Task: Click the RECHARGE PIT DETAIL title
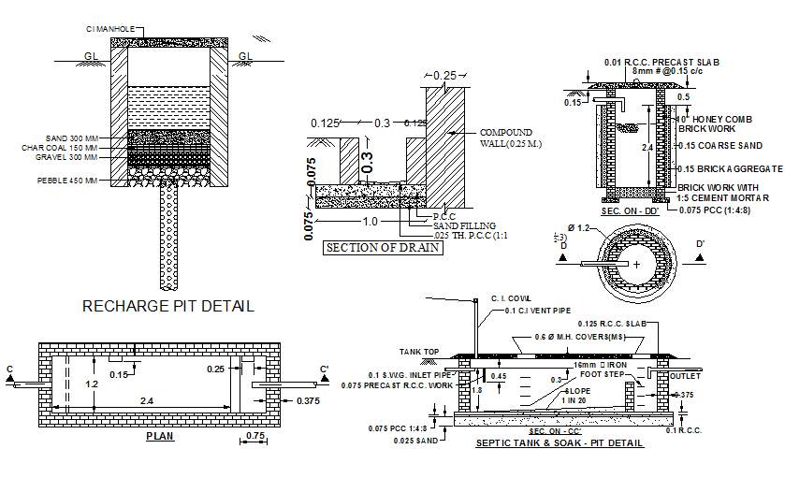pos(168,306)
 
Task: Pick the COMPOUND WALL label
pos(505,138)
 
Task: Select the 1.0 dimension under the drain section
pos(371,222)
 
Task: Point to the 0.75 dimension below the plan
pos(254,436)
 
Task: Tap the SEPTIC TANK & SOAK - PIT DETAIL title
pos(560,442)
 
